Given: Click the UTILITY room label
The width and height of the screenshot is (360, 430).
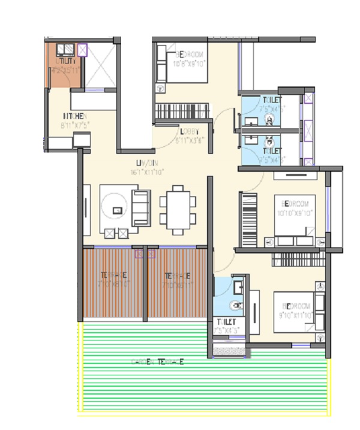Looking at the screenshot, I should tap(65, 61).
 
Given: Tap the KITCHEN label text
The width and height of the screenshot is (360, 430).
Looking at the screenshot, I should tap(76, 116).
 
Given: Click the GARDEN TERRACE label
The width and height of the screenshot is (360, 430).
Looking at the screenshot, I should tap(157, 362).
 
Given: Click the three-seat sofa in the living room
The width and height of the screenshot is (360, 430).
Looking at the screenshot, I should tap(141, 208).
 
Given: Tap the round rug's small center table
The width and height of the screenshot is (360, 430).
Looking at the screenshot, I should tap(118, 210).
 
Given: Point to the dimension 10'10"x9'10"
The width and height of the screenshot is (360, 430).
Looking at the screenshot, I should tap(294, 213).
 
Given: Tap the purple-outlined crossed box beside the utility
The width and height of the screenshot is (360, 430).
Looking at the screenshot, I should tap(82, 49).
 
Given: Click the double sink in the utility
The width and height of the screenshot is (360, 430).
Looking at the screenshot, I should tap(64, 49).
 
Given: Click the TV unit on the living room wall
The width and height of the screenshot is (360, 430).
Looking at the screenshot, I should tap(87, 210).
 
